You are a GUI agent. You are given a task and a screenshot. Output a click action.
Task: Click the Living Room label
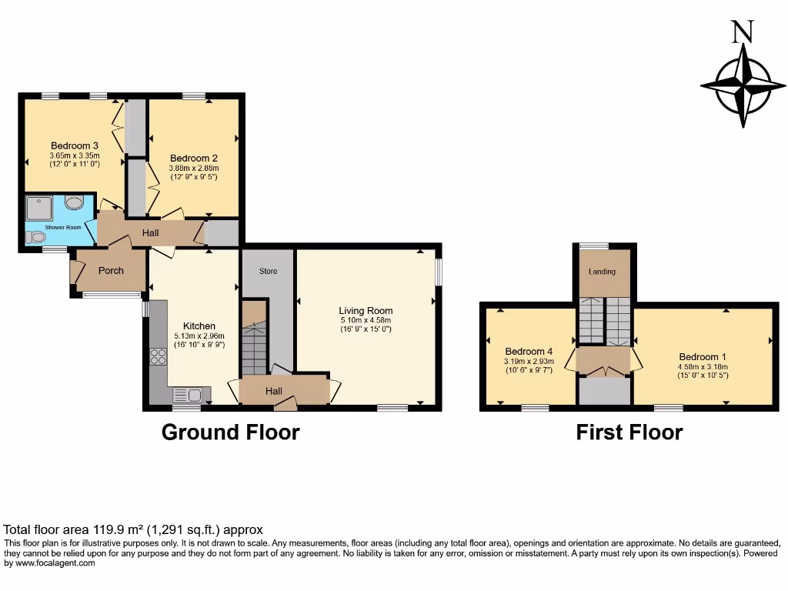click(366, 311)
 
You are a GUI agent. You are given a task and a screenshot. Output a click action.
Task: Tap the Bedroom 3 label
click(74, 145)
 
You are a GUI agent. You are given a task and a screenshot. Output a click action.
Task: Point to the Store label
click(268, 271)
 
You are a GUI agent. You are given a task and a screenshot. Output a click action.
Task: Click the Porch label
click(112, 270)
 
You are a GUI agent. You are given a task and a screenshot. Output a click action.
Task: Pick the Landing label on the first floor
click(602, 272)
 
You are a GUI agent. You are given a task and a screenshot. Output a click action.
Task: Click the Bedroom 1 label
click(703, 357)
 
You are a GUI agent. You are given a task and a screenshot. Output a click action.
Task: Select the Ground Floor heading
click(230, 432)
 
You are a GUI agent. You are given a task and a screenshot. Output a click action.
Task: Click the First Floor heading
click(629, 432)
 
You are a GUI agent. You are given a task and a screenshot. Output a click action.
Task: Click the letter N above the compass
click(742, 32)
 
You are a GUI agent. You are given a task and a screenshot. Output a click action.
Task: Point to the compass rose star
click(743, 85)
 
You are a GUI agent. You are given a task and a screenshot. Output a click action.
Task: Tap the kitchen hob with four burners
click(158, 356)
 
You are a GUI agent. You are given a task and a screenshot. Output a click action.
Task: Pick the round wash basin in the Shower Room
click(75, 202)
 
